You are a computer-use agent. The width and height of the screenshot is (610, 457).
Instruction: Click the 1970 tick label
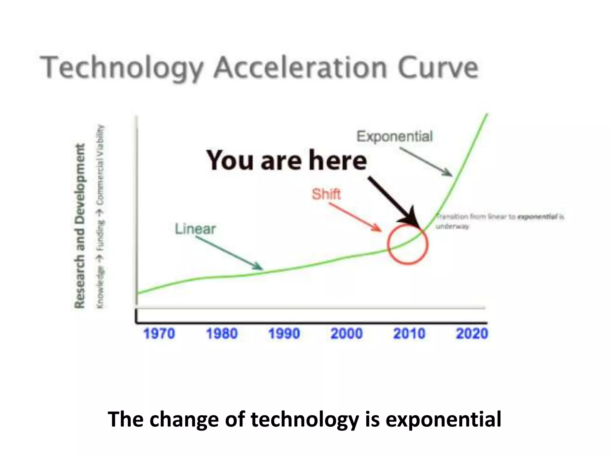159,334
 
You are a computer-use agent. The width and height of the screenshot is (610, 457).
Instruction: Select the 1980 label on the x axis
222,334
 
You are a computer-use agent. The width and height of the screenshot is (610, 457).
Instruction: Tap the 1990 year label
284,334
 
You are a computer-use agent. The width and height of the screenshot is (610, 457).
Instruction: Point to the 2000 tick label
347,334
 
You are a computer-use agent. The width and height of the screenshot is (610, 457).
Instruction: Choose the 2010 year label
409,334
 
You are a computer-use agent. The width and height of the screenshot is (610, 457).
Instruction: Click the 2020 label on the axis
472,334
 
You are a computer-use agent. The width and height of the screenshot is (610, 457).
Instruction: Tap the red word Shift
326,195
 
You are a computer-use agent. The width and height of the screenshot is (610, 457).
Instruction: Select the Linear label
195,229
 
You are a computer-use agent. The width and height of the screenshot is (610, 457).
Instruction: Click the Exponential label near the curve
394,137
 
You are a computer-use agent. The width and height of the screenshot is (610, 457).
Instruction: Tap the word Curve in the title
438,68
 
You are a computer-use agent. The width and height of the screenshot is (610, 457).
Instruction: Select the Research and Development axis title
80,226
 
